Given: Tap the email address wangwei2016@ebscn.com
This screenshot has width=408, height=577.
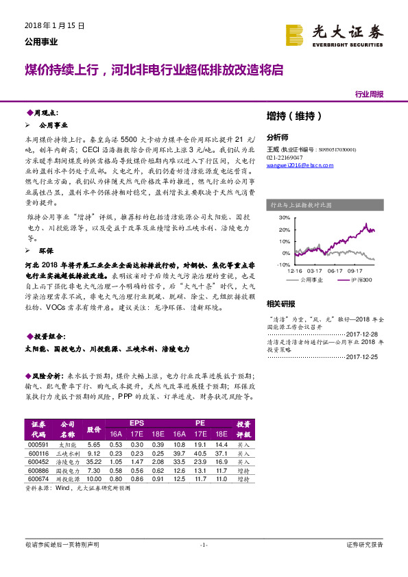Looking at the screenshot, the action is tap(296, 164).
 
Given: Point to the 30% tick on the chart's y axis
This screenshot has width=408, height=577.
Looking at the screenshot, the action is tap(285, 217).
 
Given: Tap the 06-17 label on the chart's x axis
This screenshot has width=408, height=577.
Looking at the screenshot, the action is tap(335, 271).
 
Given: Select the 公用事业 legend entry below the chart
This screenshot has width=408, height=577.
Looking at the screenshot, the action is tap(312, 280).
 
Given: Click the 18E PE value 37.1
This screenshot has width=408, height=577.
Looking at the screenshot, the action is tap(220, 453).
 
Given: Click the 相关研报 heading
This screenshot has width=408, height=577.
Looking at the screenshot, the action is tap(280, 304).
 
